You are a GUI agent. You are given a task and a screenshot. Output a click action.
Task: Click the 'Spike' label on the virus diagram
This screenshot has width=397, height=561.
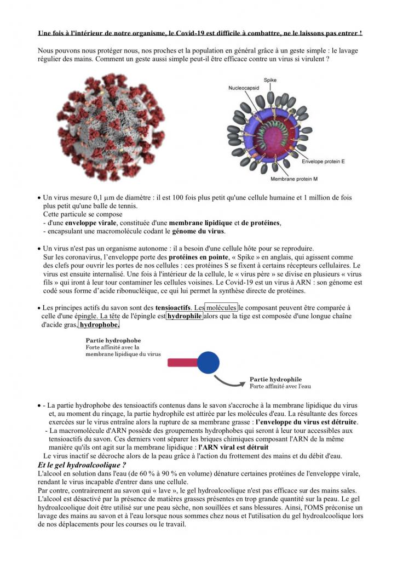(x=270, y=79)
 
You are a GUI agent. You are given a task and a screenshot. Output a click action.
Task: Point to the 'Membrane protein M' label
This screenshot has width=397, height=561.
(x=296, y=179)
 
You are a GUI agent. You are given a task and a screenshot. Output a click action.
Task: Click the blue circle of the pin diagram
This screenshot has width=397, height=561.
(x=208, y=362)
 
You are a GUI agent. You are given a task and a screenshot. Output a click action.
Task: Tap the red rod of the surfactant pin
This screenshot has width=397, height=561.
(x=182, y=362)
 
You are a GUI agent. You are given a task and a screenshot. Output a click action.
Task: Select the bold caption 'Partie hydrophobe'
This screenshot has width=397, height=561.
(x=113, y=340)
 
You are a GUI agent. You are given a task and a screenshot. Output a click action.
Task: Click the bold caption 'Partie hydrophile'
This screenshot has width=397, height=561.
(x=275, y=379)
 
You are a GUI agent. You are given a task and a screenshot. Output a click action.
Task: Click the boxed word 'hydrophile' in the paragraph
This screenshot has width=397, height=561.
(x=185, y=316)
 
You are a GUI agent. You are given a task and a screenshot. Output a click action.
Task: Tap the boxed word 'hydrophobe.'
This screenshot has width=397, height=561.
(x=99, y=325)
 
